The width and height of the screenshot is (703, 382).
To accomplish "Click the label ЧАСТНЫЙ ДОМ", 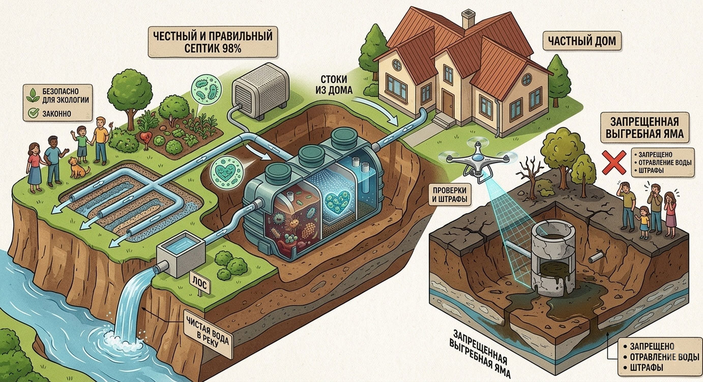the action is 582,41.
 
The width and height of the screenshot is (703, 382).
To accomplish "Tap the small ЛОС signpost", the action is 199,284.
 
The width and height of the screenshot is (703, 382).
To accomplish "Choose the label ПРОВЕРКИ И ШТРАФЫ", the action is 450,195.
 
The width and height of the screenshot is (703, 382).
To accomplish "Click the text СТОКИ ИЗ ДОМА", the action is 336,84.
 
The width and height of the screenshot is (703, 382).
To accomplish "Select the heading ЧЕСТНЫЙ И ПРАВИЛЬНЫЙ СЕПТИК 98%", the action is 213,42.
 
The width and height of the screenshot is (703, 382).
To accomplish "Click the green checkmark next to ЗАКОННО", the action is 33,113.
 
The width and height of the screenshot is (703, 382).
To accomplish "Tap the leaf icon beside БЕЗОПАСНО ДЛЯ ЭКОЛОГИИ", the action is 33,95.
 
